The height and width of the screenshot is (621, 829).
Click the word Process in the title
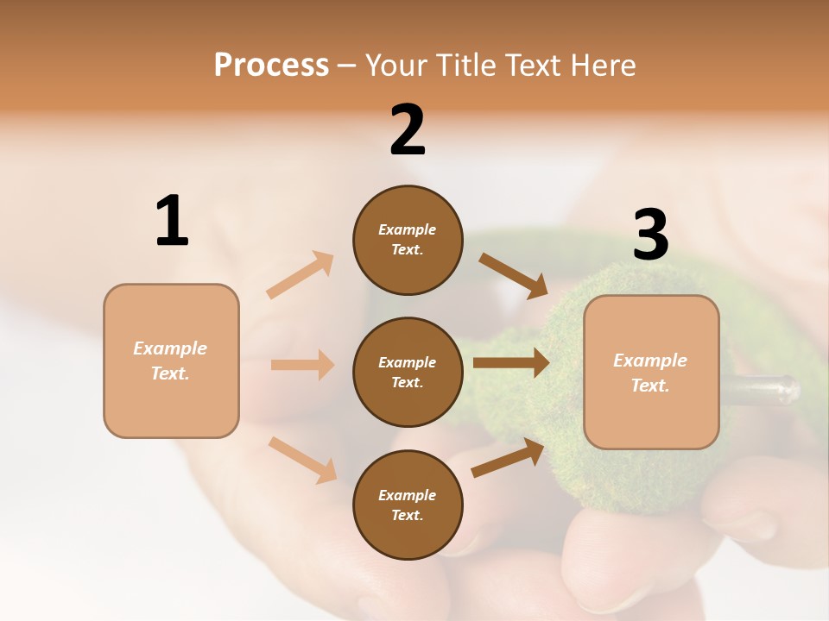pyautogui.click(x=271, y=65)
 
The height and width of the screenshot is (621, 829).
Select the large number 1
pyautogui.click(x=172, y=221)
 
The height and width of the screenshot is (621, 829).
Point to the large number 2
pyautogui.click(x=408, y=130)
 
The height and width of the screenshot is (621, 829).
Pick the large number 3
pyautogui.click(x=651, y=235)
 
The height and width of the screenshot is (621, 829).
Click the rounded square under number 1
pyautogui.click(x=171, y=361)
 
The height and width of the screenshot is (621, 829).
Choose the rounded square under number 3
pyautogui.click(x=651, y=373)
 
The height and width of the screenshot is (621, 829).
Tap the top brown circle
pyautogui.click(x=408, y=240)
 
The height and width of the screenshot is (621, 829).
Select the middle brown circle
pyautogui.click(x=408, y=372)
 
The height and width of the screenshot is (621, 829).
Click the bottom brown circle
pyautogui.click(x=408, y=505)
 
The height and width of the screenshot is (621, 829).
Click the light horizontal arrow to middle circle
pyautogui.click(x=302, y=365)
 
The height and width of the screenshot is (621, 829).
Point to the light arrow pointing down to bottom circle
pyautogui.click(x=302, y=460)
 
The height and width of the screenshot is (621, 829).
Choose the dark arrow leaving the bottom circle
pyautogui.click(x=508, y=458)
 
